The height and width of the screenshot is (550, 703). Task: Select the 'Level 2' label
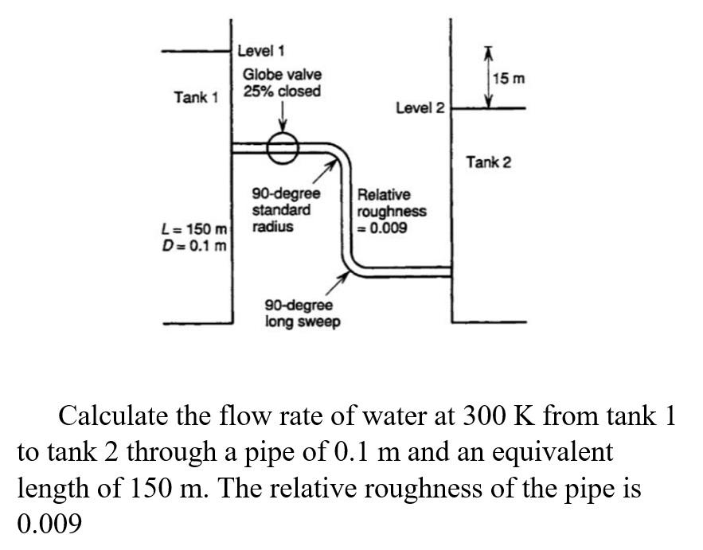pos(420,108)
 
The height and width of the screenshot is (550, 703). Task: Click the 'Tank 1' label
pos(196,97)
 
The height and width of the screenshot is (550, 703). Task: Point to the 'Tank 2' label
pos(489,162)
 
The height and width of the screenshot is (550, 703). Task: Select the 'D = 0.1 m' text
pos(195,245)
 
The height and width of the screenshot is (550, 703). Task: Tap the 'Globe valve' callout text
pos(282,74)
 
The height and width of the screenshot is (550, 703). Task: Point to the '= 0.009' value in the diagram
pos(383,228)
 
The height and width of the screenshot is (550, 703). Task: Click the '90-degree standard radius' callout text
pos(286,210)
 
